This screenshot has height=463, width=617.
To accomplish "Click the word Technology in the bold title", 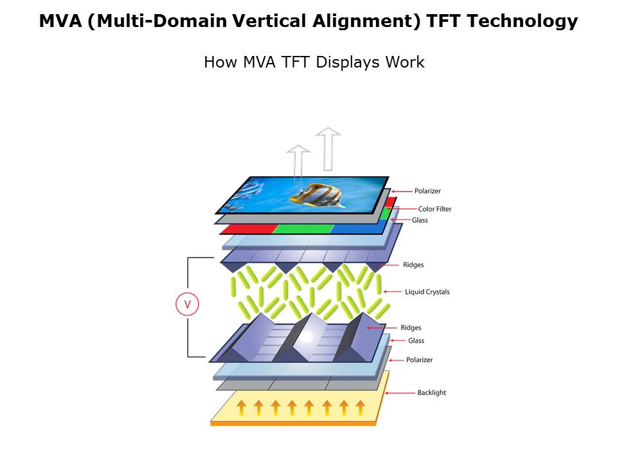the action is pyautogui.click(x=522, y=21).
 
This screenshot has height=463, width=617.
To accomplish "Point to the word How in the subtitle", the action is pyautogui.click(x=220, y=62).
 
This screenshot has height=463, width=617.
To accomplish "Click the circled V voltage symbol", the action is pyautogui.click(x=187, y=304).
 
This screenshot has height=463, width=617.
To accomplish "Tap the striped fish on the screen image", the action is pyautogui.click(x=315, y=195).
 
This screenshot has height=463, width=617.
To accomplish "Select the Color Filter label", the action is pyautogui.click(x=435, y=209).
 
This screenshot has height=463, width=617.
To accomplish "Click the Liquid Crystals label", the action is pyautogui.click(x=427, y=292).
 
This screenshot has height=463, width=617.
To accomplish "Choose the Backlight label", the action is pyautogui.click(x=432, y=392).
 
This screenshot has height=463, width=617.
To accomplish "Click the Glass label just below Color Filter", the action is pyautogui.click(x=420, y=220).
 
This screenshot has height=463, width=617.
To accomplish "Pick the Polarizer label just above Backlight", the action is pyautogui.click(x=420, y=360).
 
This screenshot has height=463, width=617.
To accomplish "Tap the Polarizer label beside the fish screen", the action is pyautogui.click(x=428, y=191).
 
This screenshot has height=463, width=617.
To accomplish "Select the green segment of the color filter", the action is pyautogui.click(x=303, y=228).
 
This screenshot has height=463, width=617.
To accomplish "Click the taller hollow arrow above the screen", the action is pyautogui.click(x=328, y=149).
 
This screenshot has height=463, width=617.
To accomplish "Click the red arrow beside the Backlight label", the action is pyautogui.click(x=400, y=393).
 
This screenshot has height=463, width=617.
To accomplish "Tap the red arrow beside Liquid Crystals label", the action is pyautogui.click(x=393, y=292).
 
